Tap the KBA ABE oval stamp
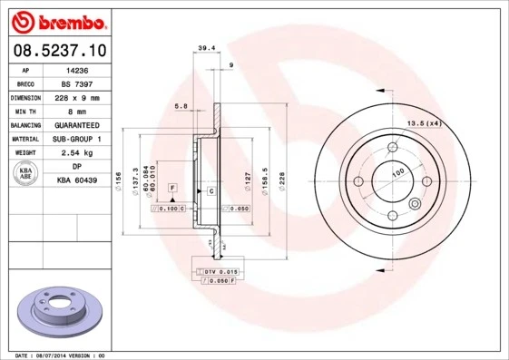pyautogui.click(x=27, y=174)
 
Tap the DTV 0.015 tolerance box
pyautogui.click(x=219, y=272)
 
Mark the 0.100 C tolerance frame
pyautogui.click(x=167, y=209)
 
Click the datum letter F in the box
pyautogui.click(x=171, y=187)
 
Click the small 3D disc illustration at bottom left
pyautogui.click(x=59, y=312)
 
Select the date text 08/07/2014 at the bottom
pyautogui.click(x=59, y=355)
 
